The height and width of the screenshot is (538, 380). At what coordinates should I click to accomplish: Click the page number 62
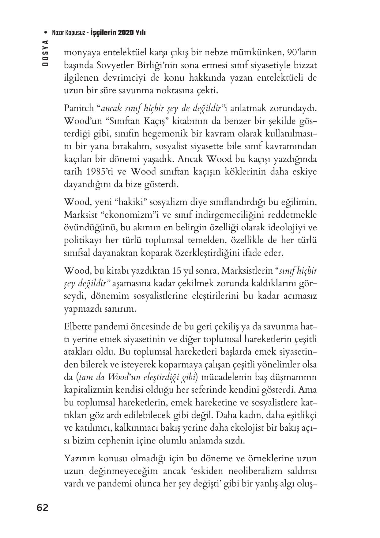point(42,508)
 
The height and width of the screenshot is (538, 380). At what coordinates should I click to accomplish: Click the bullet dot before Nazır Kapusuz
point(46,33)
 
